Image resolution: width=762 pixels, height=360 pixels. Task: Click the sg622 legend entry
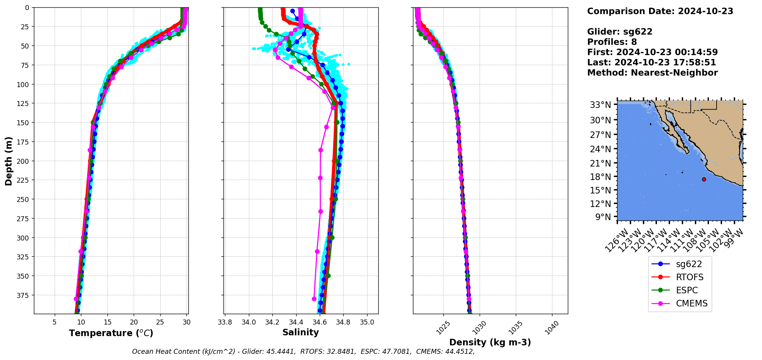688,264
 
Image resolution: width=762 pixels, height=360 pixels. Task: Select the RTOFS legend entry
689,277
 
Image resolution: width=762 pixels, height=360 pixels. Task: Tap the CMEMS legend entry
692,303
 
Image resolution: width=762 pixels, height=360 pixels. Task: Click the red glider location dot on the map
704,179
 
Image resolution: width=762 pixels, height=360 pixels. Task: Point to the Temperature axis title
111,333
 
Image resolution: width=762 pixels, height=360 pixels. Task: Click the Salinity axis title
300,332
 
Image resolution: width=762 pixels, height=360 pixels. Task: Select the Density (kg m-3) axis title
490,342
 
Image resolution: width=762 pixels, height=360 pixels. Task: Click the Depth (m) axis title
8,161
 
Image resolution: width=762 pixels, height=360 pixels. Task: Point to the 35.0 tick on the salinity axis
367,322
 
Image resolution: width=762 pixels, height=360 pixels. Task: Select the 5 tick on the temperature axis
54,322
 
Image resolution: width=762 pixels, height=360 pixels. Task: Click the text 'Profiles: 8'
612,42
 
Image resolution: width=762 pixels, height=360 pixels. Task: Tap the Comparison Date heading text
660,11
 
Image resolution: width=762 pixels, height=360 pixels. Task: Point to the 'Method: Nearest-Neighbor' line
652,73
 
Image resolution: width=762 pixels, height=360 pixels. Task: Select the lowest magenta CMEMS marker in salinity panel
314,299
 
